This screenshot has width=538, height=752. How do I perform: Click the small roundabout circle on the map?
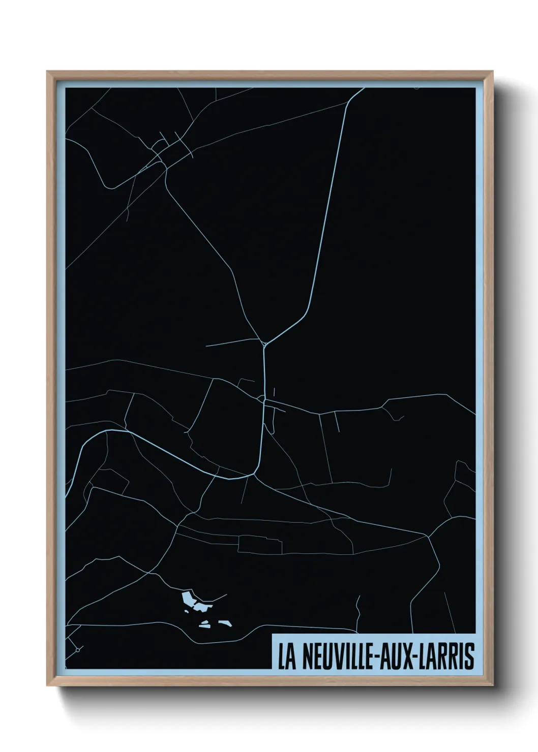pyautogui.click(x=78, y=649)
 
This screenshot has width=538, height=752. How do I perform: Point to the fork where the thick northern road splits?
pyautogui.click(x=264, y=343)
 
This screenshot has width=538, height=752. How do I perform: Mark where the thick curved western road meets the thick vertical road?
pyautogui.click(x=254, y=475)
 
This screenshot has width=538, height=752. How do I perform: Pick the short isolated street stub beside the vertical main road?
pyautogui.click(x=275, y=392)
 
